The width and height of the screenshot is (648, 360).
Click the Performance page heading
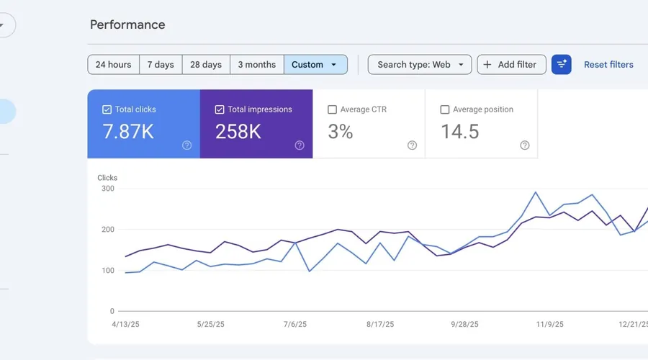[x=127, y=24]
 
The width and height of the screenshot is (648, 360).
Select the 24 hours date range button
[x=113, y=64]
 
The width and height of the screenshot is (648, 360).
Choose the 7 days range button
[x=161, y=64]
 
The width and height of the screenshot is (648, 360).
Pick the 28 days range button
[x=206, y=64]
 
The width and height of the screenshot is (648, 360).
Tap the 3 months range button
[x=256, y=64]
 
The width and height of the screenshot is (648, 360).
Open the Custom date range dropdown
[x=315, y=64]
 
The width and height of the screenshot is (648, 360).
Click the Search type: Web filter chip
[x=420, y=64]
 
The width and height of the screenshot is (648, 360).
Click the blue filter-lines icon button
[x=562, y=64]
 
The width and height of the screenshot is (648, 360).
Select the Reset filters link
[x=608, y=64]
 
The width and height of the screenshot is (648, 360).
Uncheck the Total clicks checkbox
[x=107, y=109]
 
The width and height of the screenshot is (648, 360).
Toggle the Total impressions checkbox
[x=220, y=109]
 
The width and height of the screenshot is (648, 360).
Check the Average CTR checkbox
[x=332, y=109]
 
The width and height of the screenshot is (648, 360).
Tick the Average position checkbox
[x=444, y=109]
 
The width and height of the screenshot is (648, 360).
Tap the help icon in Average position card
[x=525, y=145]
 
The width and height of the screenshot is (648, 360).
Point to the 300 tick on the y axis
[x=107, y=189]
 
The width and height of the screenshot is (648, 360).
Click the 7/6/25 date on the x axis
[x=295, y=325]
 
